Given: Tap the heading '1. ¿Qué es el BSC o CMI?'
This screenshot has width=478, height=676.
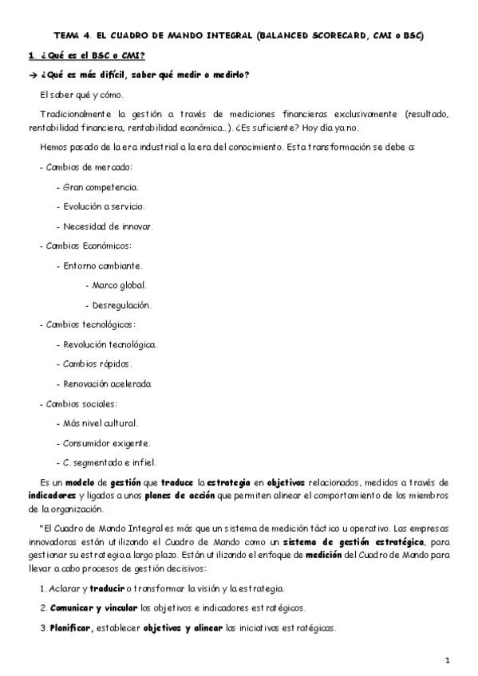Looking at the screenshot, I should point(87,56).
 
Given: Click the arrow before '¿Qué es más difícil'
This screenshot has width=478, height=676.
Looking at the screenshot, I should point(33,75).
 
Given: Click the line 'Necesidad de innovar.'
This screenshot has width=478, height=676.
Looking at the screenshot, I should point(107,226).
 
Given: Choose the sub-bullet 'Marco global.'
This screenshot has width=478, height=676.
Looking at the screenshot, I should point(117,285).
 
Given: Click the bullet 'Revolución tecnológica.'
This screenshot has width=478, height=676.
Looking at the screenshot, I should point(109,344).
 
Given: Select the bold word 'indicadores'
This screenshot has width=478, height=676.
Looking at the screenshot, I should point(51,495).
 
